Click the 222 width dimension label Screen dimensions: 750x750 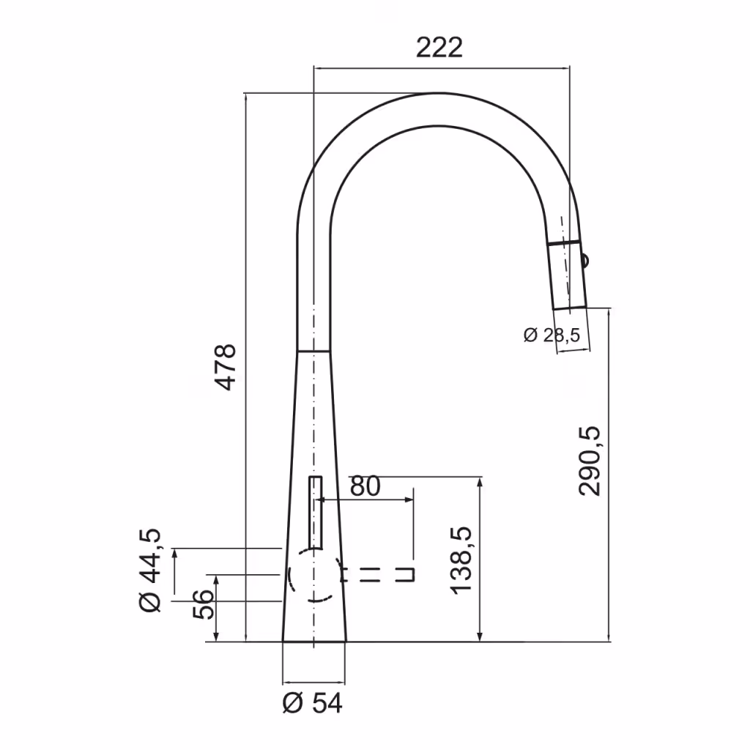(439, 48)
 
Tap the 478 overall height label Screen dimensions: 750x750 (226, 367)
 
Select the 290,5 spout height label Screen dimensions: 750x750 (590, 461)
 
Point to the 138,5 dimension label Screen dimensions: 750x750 (461, 561)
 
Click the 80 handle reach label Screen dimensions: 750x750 (365, 486)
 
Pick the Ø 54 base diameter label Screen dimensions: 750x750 (313, 703)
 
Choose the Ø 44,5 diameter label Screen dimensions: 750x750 (150, 571)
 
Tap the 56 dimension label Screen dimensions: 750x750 (204, 604)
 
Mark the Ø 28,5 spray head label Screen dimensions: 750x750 (552, 335)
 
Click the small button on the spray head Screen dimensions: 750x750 (585, 261)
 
